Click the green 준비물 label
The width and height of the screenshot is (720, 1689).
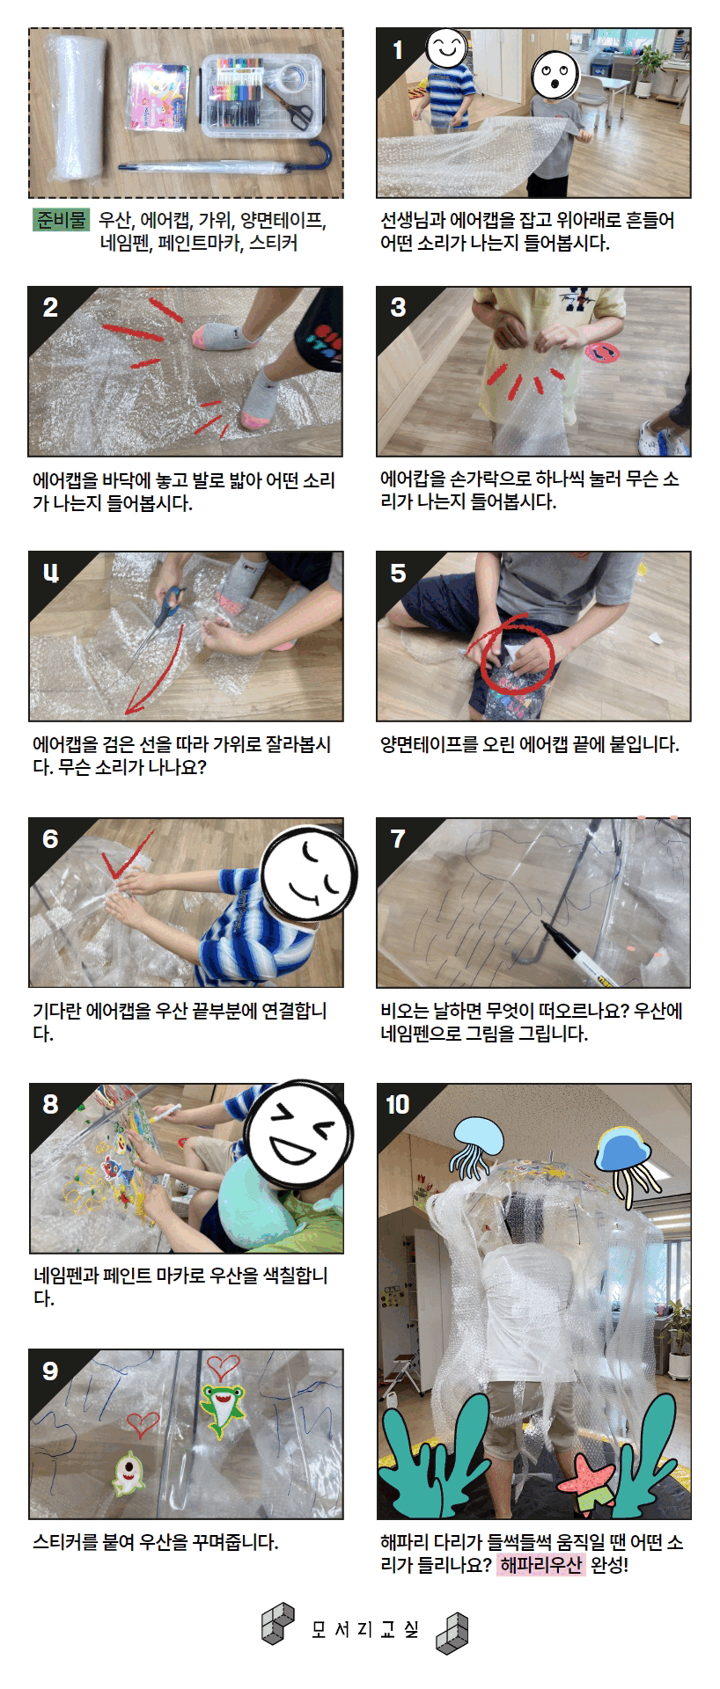point(61,220)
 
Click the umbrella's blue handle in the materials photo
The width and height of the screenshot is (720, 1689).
point(320,156)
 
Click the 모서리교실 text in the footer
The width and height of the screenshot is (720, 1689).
point(364,1628)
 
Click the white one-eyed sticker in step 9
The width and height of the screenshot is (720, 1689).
point(129,1470)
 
